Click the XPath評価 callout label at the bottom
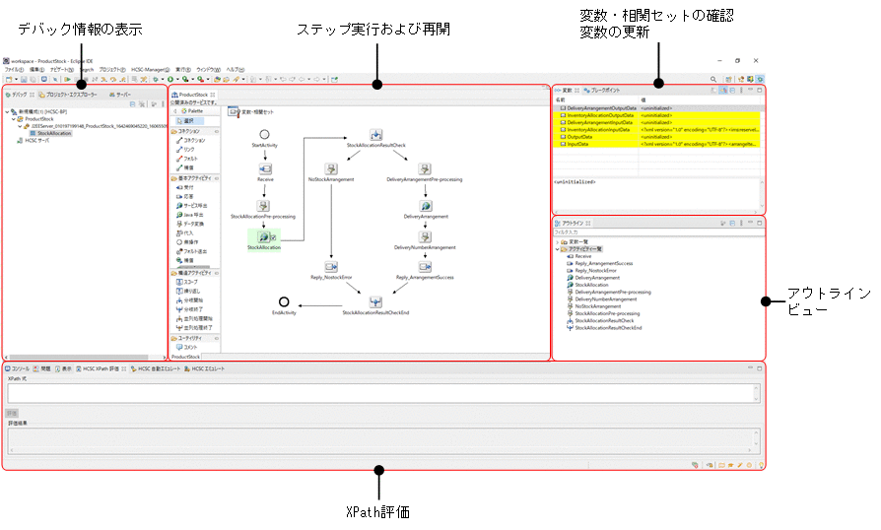376,512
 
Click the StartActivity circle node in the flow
264,133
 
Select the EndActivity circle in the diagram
283,300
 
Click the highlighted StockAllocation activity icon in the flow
263,236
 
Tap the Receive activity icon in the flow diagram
265,168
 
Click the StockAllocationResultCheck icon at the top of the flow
376,134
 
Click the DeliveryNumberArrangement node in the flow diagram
425,236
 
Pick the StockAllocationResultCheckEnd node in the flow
375,301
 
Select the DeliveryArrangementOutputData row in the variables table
598,107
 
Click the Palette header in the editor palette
195,111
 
